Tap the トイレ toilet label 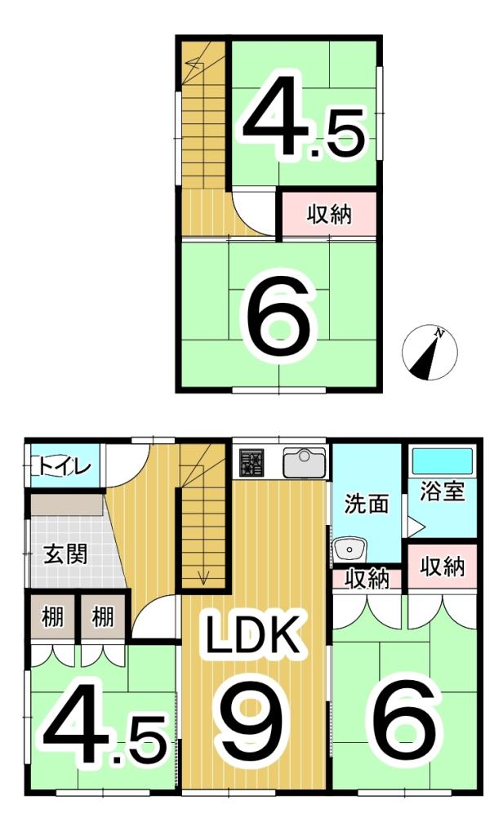click(65, 466)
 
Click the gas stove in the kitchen click(251, 464)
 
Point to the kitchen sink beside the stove click(304, 464)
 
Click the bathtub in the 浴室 click(442, 460)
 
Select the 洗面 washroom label click(365, 504)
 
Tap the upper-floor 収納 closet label click(329, 215)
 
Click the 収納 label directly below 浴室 click(442, 567)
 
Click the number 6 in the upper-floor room click(278, 321)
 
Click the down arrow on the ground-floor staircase click(203, 579)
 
